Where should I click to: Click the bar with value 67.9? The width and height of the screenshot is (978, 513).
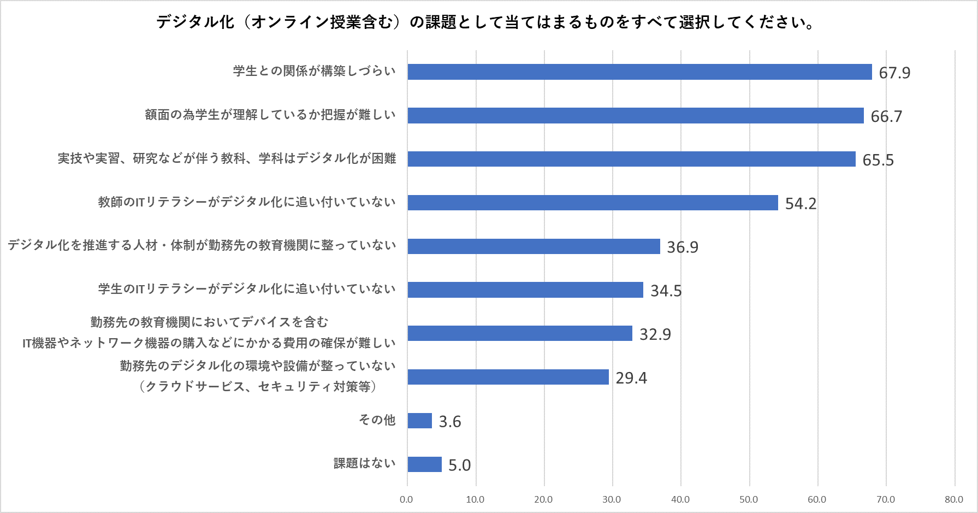639,72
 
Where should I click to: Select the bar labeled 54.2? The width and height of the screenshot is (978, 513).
592,203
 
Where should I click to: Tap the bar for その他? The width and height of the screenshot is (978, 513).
419,421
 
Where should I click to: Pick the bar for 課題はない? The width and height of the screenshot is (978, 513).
424,464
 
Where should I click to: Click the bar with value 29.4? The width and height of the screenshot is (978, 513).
508,377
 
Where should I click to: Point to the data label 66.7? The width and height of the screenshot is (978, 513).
886,116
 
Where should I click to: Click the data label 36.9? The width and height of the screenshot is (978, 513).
683,247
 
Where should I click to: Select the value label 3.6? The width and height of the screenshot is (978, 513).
450,421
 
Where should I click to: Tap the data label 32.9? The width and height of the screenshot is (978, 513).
655,334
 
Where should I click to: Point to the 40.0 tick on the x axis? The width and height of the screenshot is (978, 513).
680,499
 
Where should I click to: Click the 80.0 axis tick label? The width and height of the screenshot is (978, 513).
954,499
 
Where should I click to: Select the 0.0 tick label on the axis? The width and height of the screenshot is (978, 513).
406,499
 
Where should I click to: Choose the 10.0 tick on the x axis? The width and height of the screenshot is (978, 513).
475,499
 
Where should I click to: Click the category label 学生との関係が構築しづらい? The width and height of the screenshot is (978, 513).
314,71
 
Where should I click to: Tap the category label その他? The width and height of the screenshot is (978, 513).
377,420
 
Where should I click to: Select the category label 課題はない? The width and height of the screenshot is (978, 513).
364,463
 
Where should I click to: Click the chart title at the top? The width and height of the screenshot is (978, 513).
486,22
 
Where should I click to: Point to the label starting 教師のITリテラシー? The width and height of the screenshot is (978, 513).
247,202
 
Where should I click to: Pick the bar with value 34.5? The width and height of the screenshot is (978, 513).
525,290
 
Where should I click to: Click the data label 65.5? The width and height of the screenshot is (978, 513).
878,160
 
